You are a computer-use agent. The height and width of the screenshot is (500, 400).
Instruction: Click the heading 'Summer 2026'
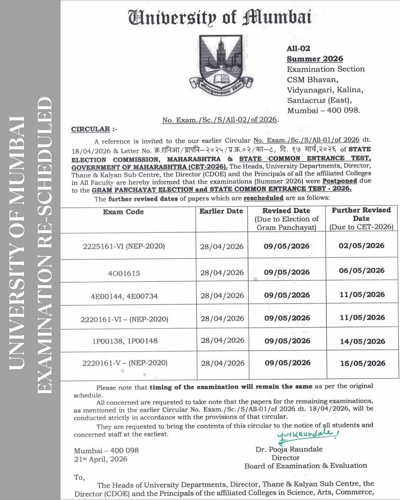[x=315, y=59]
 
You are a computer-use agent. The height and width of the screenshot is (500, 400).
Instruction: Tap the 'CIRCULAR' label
[x=91, y=129]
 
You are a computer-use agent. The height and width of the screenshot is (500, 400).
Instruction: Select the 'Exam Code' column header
[x=123, y=212]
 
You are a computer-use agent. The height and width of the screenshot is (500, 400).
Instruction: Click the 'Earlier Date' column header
[x=221, y=211]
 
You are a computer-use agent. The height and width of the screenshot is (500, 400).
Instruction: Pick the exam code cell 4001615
[x=124, y=274]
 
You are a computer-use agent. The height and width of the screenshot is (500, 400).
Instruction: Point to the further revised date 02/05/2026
[x=361, y=246]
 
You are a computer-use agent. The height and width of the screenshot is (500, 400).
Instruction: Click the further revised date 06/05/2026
[x=361, y=270]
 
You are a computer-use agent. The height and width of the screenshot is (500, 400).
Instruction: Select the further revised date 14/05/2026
[x=362, y=341]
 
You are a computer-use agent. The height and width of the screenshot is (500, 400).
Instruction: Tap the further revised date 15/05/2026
[x=363, y=363]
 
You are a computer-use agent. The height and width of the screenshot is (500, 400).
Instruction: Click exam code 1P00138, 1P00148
[x=125, y=341]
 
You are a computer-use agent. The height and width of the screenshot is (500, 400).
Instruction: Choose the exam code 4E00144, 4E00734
[x=124, y=296]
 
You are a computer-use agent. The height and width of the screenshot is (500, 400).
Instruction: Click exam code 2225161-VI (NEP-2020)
[x=124, y=246]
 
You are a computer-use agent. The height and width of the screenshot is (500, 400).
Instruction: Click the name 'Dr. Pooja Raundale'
[x=289, y=449]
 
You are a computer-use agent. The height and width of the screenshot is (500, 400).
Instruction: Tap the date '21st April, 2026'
[x=100, y=459]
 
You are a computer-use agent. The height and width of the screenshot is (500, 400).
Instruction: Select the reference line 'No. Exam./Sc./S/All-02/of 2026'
[x=220, y=120]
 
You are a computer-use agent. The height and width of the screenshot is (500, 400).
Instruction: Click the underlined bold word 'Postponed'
[x=340, y=181]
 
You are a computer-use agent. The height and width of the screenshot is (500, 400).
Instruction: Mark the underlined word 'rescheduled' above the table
[x=263, y=198]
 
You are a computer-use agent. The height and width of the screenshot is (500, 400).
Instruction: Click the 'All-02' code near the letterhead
[x=299, y=49]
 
